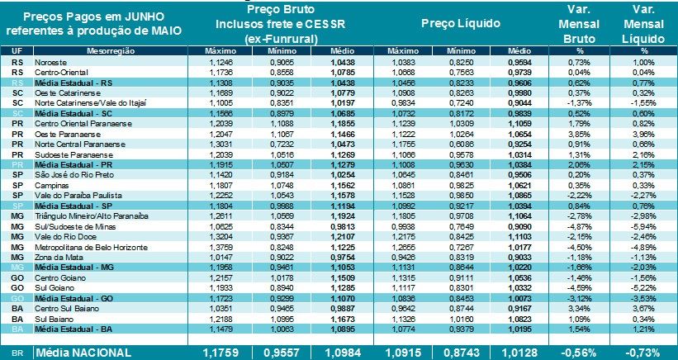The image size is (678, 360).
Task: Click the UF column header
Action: (17, 51)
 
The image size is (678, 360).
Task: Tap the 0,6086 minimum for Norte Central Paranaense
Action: (462, 143)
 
